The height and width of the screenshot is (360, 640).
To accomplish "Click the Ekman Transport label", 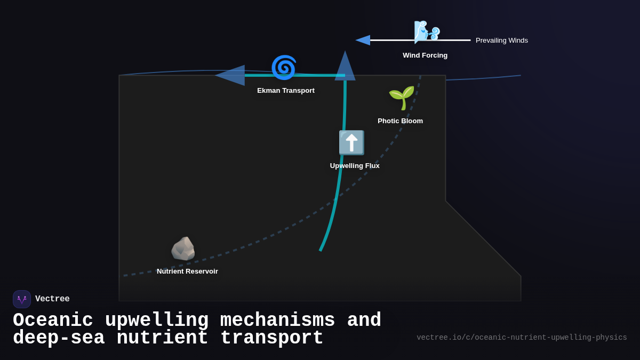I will pyautogui.click(x=286, y=91).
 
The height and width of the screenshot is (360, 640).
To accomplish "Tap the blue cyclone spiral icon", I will pyautogui.click(x=283, y=68).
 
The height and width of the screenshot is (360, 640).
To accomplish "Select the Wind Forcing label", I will pyautogui.click(x=425, y=55).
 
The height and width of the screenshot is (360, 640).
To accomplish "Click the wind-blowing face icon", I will pyautogui.click(x=427, y=31).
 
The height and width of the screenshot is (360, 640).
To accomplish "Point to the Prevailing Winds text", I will pyautogui.click(x=501, y=41).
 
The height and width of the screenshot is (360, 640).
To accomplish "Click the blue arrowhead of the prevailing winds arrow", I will pyautogui.click(x=363, y=40).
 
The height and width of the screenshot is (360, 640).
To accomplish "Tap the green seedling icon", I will pyautogui.click(x=401, y=98).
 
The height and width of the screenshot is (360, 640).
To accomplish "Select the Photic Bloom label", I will pyautogui.click(x=400, y=121).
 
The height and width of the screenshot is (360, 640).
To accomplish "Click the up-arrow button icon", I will pyautogui.click(x=351, y=143).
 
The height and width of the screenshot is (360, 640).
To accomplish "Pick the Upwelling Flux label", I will pyautogui.click(x=355, y=166).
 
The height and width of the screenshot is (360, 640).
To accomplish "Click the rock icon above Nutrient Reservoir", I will pyautogui.click(x=183, y=249).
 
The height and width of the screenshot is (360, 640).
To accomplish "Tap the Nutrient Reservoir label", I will pyautogui.click(x=187, y=271).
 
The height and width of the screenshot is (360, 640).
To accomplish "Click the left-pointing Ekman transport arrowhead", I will pyautogui.click(x=230, y=75).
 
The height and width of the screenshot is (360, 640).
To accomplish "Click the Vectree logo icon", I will pyautogui.click(x=22, y=299).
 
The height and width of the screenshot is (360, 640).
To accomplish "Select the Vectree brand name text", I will pyautogui.click(x=52, y=299).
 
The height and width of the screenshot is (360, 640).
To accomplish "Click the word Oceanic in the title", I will pyautogui.click(x=53, y=321).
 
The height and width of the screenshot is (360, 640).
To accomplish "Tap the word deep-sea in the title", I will pyautogui.click(x=59, y=338).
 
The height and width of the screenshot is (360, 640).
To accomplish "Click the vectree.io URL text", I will pyautogui.click(x=522, y=338).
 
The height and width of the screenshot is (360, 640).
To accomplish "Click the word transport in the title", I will pyautogui.click(x=271, y=338).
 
